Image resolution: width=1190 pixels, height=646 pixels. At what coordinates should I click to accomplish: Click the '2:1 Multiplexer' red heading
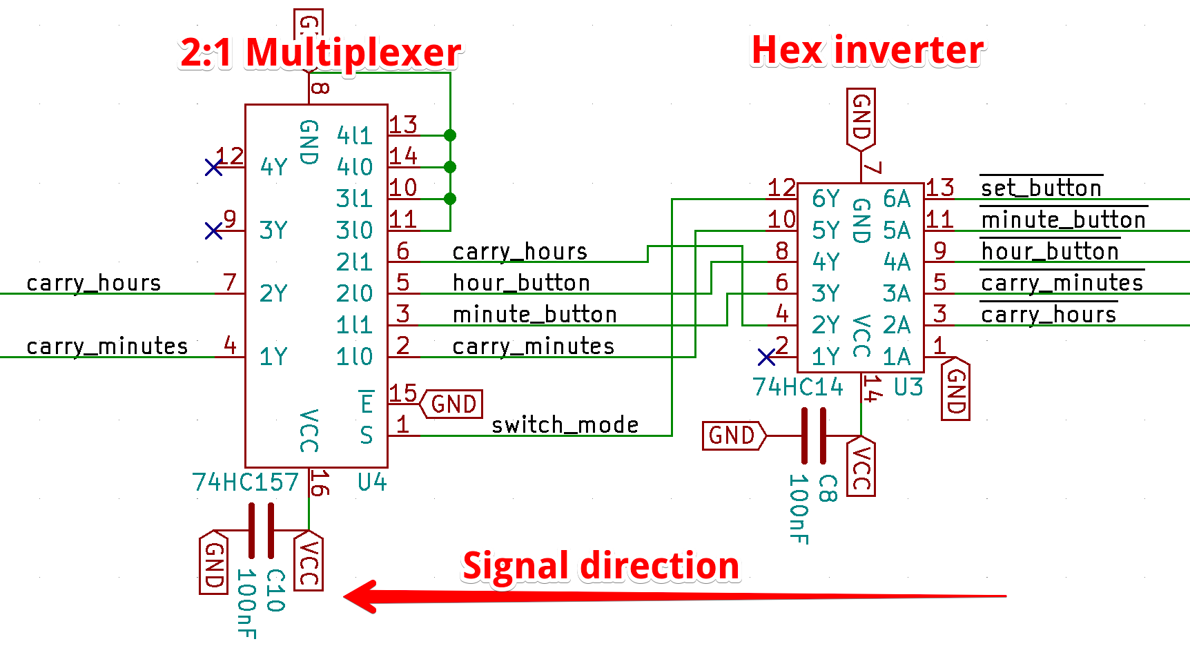[x=320, y=52]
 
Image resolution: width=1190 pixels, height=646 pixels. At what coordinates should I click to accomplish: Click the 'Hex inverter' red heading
[x=867, y=50]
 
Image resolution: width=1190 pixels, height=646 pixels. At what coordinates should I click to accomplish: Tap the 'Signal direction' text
[x=601, y=566]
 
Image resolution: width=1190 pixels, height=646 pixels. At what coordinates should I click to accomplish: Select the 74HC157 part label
[x=245, y=482]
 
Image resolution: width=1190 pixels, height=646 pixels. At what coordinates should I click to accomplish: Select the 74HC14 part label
[x=797, y=387]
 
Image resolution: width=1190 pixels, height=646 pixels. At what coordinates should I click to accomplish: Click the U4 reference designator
[x=372, y=482]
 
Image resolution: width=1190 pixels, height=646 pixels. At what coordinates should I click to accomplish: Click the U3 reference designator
[x=908, y=387]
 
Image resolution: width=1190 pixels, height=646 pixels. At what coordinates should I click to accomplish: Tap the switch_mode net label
[x=565, y=424]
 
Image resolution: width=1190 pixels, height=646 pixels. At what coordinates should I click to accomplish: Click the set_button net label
[x=1041, y=188]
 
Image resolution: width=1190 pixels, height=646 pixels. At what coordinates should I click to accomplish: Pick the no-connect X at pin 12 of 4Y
[x=214, y=167]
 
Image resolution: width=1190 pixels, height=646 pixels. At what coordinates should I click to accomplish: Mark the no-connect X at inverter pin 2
[x=766, y=357]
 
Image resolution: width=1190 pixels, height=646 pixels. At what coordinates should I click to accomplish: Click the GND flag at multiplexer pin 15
[x=452, y=404]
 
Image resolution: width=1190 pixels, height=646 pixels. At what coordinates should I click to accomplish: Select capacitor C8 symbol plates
[x=814, y=436]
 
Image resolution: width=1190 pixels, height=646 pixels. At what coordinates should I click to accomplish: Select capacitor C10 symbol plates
[x=261, y=530]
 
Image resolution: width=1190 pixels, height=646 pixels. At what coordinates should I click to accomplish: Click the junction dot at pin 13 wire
[x=450, y=135]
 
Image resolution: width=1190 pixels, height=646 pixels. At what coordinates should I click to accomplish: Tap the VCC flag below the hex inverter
[x=861, y=467]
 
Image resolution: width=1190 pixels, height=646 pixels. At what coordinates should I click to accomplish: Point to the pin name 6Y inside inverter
[x=826, y=199]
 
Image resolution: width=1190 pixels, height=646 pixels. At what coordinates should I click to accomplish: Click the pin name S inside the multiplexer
[x=366, y=435]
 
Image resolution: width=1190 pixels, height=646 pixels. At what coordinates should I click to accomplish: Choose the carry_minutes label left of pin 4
[x=107, y=346]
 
